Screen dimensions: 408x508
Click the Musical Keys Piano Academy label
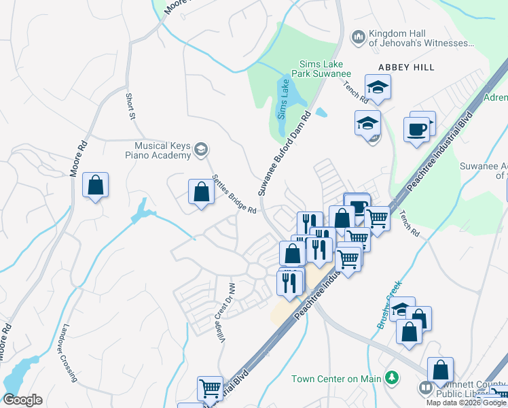pos(162,150)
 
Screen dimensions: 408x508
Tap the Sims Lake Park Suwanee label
pos(321,69)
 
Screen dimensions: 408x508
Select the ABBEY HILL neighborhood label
pos(406,67)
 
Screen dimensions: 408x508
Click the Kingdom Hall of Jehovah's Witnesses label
pos(419,39)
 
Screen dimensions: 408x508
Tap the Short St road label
pos(129,107)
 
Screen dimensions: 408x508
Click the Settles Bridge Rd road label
pos(234,194)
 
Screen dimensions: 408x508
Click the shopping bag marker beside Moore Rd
pos(95,186)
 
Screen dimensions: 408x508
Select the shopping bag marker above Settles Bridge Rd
pos(201,192)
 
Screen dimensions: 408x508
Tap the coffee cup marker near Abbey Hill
pos(416,129)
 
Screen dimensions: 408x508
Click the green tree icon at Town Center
pos(391,377)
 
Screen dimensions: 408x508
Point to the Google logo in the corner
pos(22,400)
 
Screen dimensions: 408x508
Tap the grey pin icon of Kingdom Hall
pos(357,36)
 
